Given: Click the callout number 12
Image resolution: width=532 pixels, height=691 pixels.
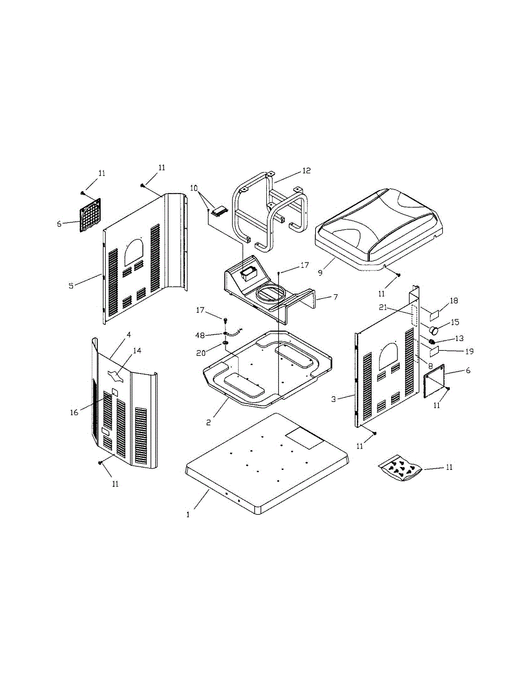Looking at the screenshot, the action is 306,171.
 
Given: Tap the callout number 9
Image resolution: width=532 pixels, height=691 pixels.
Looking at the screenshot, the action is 320,273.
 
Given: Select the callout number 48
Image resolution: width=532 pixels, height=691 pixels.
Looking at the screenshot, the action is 200,335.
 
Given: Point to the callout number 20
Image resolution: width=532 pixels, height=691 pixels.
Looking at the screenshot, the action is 201,353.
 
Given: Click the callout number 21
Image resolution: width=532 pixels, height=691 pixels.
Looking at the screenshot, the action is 383,307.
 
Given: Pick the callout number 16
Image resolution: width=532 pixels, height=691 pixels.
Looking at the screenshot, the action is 74,413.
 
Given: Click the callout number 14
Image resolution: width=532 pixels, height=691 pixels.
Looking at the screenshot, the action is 137,351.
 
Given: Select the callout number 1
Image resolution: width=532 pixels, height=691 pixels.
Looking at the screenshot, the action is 188,515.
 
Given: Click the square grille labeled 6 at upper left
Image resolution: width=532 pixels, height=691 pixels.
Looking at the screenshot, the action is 90,215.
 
